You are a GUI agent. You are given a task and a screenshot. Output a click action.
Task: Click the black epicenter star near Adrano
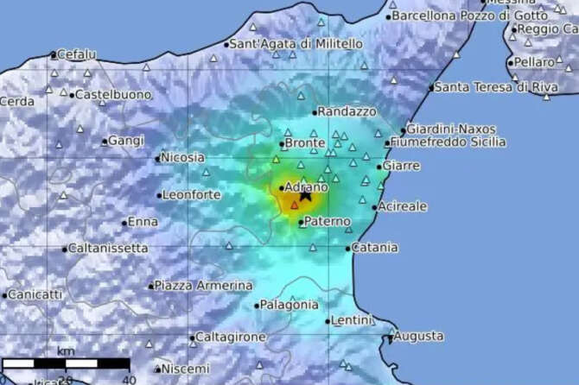[305, 196]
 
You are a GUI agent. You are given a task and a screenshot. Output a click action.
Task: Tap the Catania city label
[375, 248]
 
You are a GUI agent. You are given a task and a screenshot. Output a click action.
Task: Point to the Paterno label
[328, 222]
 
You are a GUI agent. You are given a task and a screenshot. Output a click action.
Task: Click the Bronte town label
[305, 143]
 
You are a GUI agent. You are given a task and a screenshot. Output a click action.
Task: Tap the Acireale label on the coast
[404, 207]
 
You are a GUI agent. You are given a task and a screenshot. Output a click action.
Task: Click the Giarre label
[402, 165]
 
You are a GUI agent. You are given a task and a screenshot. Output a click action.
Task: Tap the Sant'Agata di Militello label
[296, 44]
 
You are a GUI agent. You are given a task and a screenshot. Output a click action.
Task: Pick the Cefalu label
[77, 54]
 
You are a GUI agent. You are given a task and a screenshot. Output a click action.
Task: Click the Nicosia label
[183, 157]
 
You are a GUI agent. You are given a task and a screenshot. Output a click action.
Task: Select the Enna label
[143, 222]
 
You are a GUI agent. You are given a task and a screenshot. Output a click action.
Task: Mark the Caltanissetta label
[109, 249]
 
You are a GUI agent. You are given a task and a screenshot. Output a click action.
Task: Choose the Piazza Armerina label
[203, 285]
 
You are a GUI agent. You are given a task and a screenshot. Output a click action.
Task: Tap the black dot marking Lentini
[328, 321]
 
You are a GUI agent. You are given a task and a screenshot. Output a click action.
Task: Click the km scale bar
[66, 364]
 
